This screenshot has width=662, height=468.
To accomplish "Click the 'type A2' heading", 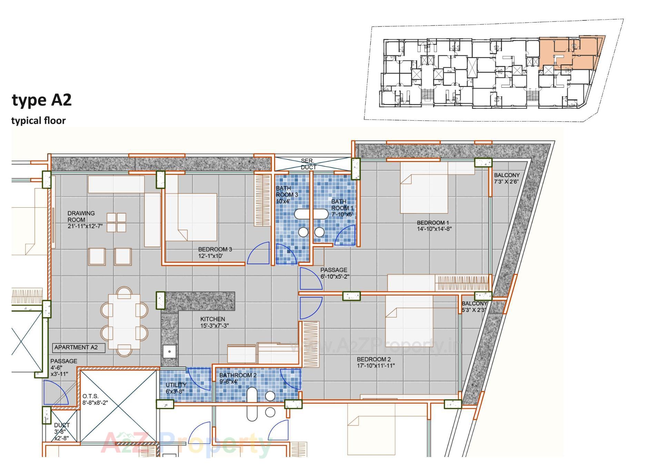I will (x=42, y=100).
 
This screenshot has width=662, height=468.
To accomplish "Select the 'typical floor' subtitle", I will (x=38, y=121).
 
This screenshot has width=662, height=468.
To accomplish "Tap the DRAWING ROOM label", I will (x=81, y=217).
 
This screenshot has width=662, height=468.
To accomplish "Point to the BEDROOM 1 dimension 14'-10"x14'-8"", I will (x=434, y=229).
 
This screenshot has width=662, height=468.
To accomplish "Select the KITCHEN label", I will (x=213, y=319).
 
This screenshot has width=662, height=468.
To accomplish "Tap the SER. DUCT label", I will (x=308, y=164).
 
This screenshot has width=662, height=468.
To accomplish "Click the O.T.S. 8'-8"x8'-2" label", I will (x=95, y=399).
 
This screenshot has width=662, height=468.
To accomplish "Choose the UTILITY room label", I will (x=176, y=385).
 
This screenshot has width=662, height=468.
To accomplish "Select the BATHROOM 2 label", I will (x=238, y=375).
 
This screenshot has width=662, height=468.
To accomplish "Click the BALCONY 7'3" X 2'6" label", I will (x=506, y=178).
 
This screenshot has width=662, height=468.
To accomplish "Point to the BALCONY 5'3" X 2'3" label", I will (x=474, y=307).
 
